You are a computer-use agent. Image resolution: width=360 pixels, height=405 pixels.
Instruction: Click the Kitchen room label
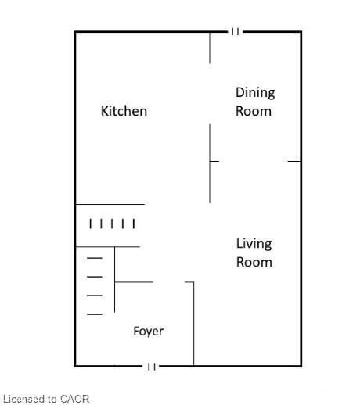click(124, 111)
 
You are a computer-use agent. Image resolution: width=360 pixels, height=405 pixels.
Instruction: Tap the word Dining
click(255, 93)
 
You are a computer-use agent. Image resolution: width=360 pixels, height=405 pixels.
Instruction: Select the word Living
click(254, 244)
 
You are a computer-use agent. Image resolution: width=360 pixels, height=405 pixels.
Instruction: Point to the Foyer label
click(149, 332)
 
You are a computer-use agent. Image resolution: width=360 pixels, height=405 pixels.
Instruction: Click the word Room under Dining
click(254, 111)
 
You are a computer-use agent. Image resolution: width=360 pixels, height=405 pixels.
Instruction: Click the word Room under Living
click(254, 262)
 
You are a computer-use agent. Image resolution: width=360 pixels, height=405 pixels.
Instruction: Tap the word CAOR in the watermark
click(74, 399)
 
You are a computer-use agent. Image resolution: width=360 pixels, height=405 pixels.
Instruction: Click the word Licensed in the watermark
click(24, 399)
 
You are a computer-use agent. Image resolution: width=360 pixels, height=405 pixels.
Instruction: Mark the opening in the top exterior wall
click(235, 32)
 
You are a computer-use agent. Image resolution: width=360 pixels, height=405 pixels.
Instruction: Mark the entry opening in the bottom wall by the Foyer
click(151, 366)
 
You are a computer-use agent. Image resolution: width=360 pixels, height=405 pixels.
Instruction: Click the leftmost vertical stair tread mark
click(90, 224)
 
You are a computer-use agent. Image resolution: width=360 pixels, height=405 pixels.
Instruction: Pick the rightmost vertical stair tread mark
click(134, 224)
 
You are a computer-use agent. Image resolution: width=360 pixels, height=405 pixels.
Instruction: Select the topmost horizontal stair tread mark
click(95, 258)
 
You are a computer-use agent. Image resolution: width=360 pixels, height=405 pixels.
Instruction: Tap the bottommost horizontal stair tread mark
click(95, 314)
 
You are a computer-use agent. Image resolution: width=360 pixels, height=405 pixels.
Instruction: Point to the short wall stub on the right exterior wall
click(294, 161)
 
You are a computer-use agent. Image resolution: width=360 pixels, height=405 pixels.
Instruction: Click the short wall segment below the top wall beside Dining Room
click(210, 48)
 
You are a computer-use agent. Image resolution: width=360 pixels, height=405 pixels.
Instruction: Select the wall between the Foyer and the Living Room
click(193, 324)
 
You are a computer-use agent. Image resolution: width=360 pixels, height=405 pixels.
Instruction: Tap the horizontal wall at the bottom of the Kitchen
click(110, 204)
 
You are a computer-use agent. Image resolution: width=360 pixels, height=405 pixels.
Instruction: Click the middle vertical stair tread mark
click(112, 224)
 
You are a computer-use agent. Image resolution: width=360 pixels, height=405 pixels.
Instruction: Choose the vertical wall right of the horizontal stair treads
click(115, 279)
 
